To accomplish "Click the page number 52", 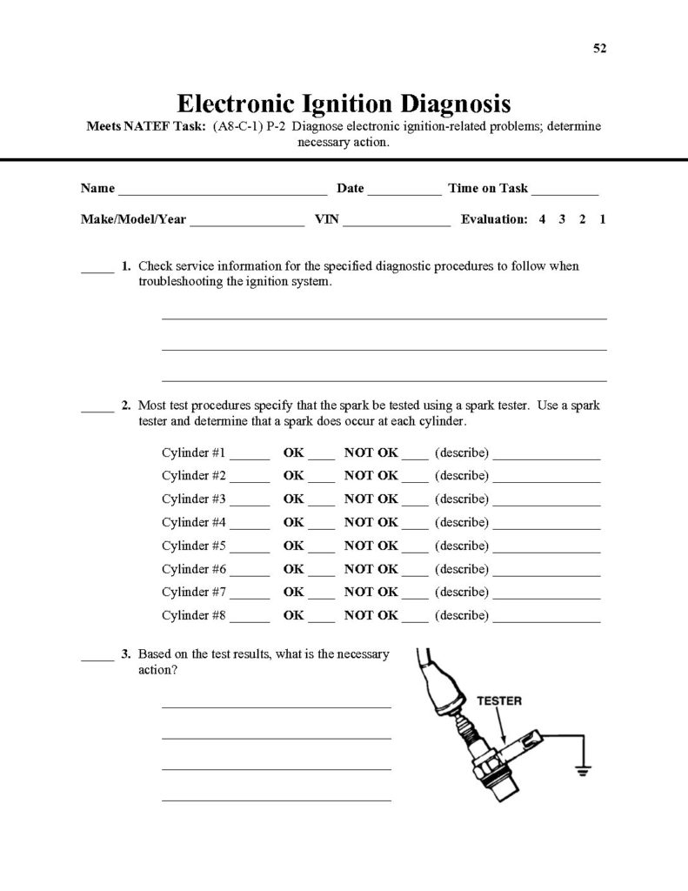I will click(x=599, y=48).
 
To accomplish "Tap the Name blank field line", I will click(x=222, y=191).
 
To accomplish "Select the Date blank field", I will click(x=404, y=191).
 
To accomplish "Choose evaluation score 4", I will click(x=542, y=220).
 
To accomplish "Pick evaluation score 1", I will click(x=603, y=220).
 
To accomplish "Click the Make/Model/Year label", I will click(x=133, y=220).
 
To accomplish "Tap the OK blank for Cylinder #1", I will click(x=322, y=457).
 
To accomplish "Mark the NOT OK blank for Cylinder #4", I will click(x=415, y=526).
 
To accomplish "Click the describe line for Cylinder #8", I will click(x=546, y=620).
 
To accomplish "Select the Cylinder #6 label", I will click(x=194, y=569).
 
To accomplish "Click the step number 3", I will click(x=126, y=653).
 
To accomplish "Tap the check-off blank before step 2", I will click(x=97, y=409).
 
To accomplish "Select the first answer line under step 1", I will click(x=384, y=318).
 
